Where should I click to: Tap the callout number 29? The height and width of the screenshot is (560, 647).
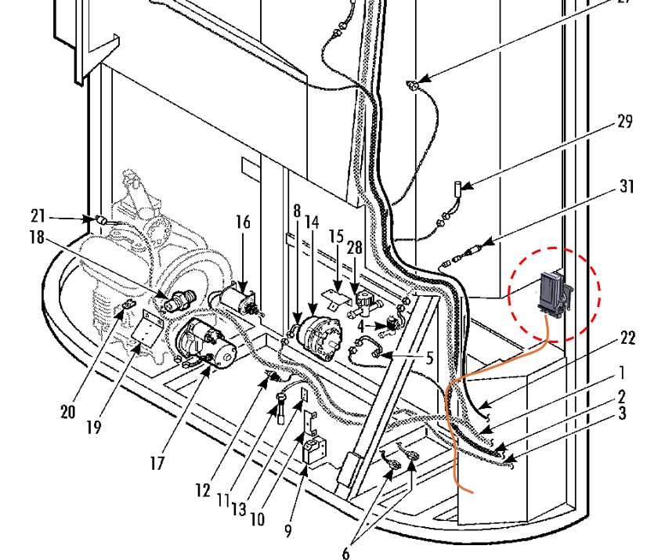[624, 122]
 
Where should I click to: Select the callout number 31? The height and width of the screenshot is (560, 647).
[627, 188]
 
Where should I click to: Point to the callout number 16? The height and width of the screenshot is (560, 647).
[244, 222]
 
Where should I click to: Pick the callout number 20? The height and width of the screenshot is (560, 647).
[70, 412]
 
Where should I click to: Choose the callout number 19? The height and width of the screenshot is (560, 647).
[95, 428]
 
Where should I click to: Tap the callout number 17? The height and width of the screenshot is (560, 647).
[157, 462]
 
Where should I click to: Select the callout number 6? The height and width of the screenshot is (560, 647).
[345, 553]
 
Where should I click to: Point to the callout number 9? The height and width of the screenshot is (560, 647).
[289, 531]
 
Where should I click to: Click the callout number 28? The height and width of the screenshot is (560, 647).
[355, 247]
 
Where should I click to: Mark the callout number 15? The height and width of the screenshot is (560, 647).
[336, 236]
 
